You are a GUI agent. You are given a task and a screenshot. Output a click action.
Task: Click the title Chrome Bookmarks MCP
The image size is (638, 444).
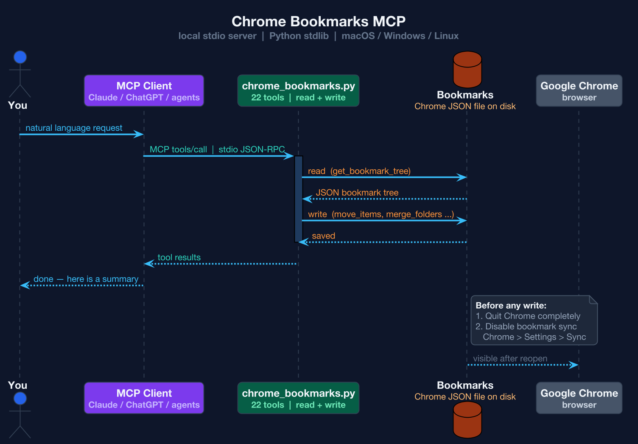coord(319,21)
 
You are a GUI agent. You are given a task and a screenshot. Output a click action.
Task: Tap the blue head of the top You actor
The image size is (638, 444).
coord(20,57)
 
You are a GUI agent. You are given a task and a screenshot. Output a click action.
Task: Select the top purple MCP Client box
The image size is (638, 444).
coord(144,90)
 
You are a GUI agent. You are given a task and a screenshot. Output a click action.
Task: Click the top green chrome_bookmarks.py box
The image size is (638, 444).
coord(298,90)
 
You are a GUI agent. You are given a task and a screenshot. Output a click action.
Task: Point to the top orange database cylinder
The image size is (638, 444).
coord(467,70)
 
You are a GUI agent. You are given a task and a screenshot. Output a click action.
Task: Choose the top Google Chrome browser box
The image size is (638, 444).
coord(579,90)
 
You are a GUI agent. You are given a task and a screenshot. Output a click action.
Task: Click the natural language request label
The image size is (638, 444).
coord(74,128)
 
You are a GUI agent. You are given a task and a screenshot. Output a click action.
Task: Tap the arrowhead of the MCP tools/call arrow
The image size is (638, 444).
coord(290,156)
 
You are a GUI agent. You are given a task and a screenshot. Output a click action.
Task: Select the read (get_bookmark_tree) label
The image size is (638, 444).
coord(359,171)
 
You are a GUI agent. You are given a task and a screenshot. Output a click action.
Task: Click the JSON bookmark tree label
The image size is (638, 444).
coord(357,193)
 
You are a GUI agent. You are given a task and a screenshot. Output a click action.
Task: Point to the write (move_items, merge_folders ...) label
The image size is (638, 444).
coord(381,214)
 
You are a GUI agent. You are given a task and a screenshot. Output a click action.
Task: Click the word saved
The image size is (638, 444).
coord(323,236)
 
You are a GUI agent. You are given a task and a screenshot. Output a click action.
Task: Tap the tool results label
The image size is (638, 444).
coord(179,257)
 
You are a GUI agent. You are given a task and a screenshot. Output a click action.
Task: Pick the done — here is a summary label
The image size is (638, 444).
coord(86,279)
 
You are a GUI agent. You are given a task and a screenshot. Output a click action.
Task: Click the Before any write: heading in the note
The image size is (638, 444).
coord(511,306)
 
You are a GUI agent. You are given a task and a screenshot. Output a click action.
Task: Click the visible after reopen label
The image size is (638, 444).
coord(510,359)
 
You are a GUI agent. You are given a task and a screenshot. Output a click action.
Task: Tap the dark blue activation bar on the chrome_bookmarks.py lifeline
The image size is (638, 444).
coord(298,199)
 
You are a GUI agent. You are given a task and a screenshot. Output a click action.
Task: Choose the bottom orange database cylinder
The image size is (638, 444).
coord(467,420)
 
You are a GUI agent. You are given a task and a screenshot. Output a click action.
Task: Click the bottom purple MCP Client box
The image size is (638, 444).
coord(144,398)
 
